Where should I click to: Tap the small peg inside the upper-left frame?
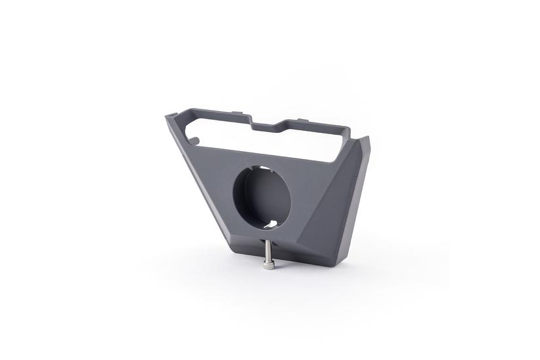click(195, 138)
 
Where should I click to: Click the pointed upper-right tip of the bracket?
click(367, 139)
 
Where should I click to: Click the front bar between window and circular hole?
click(262, 157)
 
